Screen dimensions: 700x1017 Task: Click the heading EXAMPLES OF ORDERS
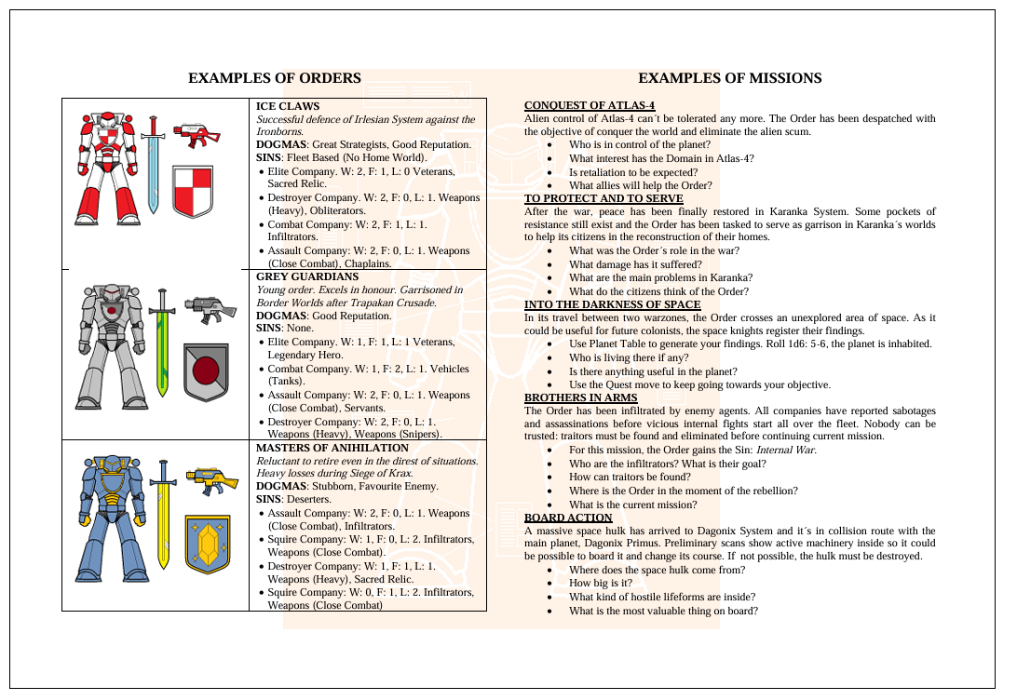tap(274, 78)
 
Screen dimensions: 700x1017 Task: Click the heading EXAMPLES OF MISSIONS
tap(729, 78)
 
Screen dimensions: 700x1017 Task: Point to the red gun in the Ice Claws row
tap(197, 134)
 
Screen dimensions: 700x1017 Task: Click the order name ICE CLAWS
tap(287, 107)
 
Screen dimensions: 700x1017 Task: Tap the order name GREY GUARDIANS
tap(306, 276)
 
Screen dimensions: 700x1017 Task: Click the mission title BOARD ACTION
tap(568, 518)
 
